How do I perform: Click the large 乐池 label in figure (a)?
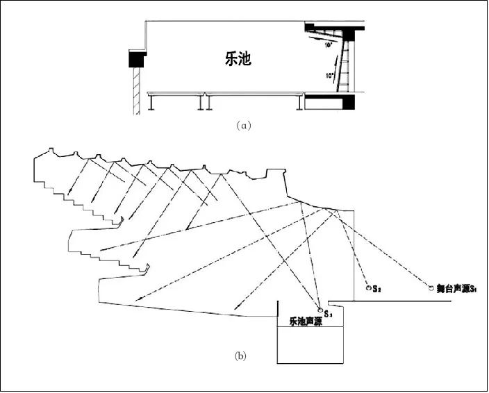pos(238,60)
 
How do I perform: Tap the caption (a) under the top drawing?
pos(242,126)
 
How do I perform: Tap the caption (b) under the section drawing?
pos(240,356)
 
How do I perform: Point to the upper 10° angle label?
pos(329,44)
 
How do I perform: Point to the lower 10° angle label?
pos(329,74)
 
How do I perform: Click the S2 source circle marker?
pos(368,287)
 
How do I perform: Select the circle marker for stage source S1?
pos(431,287)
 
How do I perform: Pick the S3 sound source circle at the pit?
pos(320,310)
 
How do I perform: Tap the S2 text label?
pos(376,287)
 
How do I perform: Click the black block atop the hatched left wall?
pos(136,60)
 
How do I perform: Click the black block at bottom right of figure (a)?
pos(330,103)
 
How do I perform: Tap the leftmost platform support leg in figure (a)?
pos(151,103)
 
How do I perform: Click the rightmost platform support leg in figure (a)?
pos(299,103)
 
